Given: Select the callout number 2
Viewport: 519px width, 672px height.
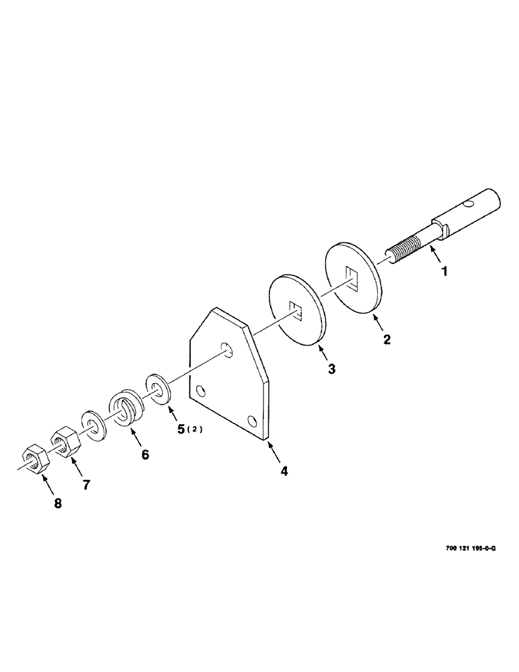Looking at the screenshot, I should click(x=387, y=339).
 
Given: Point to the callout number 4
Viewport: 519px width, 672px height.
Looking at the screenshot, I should click(x=284, y=471).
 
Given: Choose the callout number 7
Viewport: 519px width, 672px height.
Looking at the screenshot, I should click(x=86, y=485).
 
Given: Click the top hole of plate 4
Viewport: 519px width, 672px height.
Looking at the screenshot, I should click(x=229, y=349).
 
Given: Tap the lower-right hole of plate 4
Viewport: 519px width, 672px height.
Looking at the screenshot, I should click(x=251, y=421).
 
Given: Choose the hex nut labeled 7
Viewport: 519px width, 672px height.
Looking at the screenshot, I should click(x=65, y=442).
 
